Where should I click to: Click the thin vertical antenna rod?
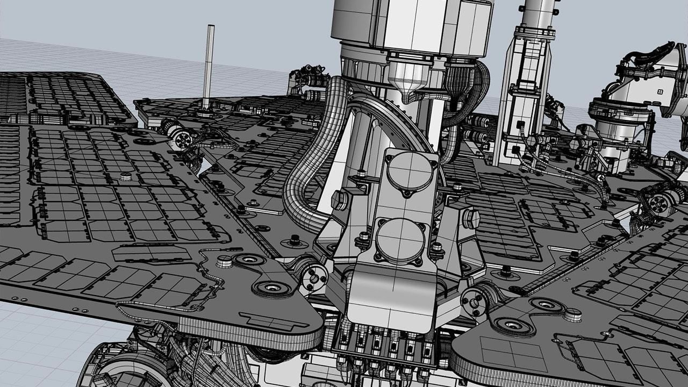coord(208,64)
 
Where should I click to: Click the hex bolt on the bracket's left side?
coord(339,200)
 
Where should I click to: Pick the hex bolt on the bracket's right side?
coord(471,217)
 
